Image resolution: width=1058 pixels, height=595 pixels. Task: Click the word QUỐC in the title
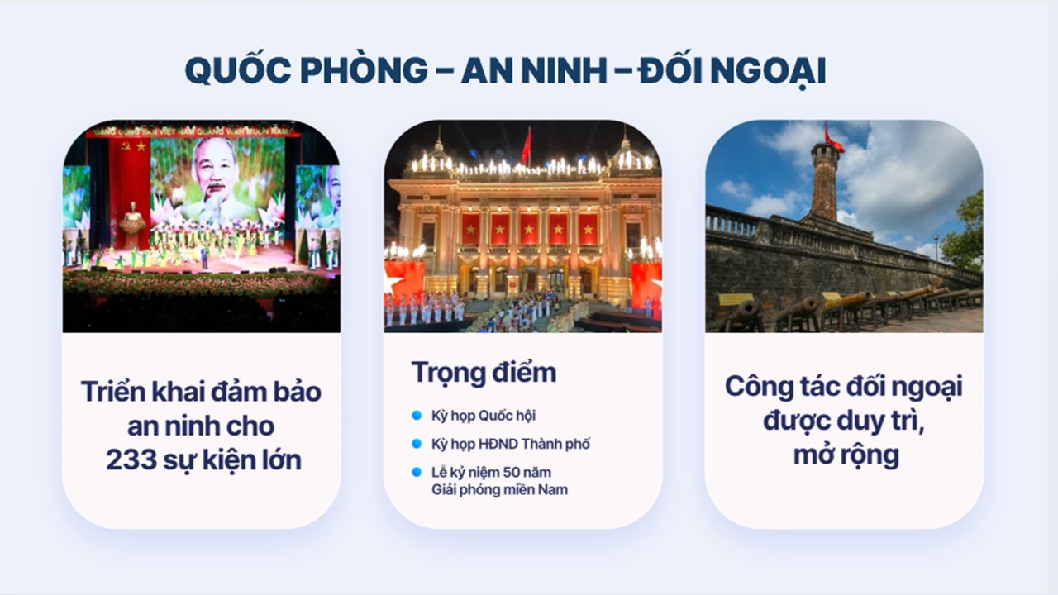point(237,70)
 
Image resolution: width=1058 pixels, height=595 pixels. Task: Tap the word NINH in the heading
point(564,70)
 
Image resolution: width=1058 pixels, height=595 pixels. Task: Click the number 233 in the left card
point(131,460)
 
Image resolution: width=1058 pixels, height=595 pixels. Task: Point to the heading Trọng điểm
point(484,373)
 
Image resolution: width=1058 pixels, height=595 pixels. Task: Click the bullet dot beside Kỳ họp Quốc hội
point(417,415)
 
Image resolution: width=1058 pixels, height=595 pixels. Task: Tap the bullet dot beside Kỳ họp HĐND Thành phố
point(417,444)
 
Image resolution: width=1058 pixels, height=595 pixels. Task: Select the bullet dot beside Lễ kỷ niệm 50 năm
point(417,472)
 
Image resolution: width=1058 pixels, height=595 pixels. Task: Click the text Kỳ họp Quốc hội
point(484,416)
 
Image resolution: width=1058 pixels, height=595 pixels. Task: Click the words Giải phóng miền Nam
point(500,490)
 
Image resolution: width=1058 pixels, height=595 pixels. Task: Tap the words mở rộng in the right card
point(846,455)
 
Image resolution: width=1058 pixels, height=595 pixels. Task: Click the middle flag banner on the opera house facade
point(528,229)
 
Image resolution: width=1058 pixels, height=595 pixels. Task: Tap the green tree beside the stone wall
point(964,232)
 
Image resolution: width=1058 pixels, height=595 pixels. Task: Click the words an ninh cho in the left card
point(201,426)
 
